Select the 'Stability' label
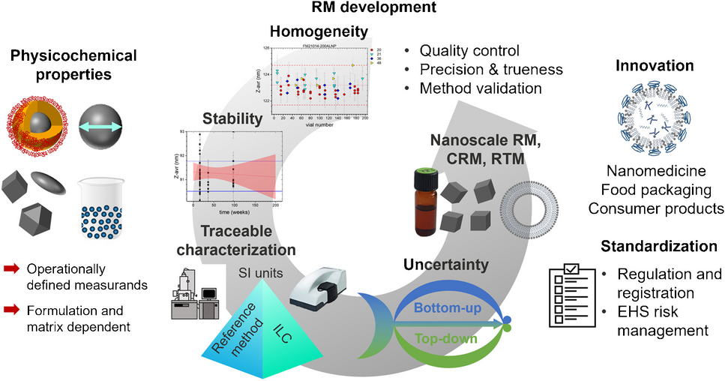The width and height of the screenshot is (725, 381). (232, 118)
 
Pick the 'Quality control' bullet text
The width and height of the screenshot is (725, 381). (469, 51)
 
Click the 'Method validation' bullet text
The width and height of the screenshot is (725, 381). (480, 88)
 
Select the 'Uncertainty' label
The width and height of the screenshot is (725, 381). (446, 265)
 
